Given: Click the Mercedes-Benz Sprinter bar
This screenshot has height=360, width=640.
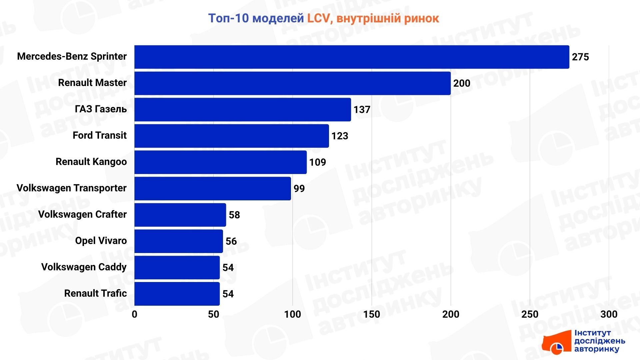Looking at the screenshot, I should [352, 57].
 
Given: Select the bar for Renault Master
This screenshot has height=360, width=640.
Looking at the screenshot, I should [292, 83].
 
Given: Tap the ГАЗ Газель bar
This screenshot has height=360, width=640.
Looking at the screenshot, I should [243, 110].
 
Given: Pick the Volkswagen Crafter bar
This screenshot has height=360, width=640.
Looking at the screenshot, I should [180, 215].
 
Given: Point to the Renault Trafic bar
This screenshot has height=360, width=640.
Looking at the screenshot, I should [177, 294].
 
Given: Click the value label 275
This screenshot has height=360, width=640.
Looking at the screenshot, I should [580, 57].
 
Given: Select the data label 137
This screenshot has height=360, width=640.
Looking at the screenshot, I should [362, 110].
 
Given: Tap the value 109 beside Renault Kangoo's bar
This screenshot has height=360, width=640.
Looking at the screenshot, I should [317, 162].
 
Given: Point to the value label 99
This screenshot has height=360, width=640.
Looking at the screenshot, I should [299, 189].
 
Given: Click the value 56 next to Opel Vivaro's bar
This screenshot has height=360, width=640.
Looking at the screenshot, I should [231, 241].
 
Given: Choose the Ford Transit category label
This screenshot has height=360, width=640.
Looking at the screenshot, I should [100, 135].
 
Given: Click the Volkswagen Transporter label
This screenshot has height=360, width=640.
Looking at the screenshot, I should [72, 188].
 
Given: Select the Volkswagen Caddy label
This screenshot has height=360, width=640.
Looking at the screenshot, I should [84, 267].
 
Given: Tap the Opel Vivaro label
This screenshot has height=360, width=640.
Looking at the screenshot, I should [101, 241].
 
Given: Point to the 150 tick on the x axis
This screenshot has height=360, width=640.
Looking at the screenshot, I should [372, 314].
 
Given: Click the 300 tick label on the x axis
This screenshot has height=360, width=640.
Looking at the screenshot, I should [609, 314].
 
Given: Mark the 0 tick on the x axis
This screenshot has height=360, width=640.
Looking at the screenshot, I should [134, 314].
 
